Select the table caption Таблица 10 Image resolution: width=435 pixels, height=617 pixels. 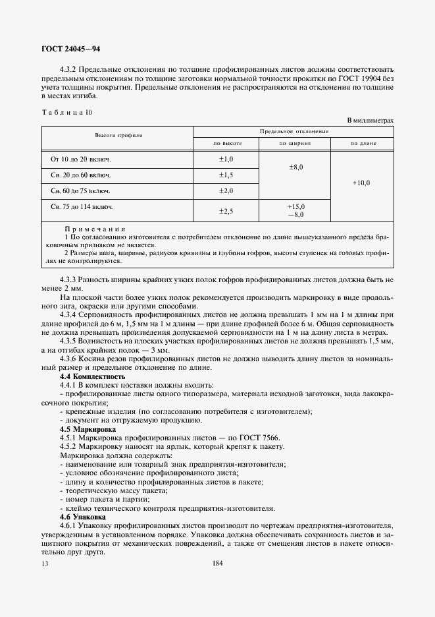66,112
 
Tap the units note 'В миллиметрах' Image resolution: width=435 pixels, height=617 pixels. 370,120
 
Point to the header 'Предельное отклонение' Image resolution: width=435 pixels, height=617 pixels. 294,131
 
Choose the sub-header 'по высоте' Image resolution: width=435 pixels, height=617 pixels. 226,143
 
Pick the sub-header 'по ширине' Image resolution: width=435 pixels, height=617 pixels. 295,143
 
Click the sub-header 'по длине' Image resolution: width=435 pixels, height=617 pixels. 362,143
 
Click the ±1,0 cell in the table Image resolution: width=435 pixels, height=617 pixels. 226,160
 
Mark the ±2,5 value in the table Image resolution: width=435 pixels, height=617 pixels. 226,210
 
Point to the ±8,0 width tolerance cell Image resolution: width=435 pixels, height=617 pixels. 295,167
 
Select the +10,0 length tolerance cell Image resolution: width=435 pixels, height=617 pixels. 361,183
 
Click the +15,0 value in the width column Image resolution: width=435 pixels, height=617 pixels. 295,206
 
